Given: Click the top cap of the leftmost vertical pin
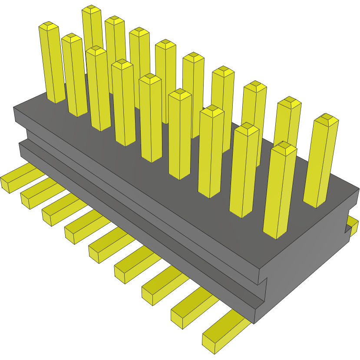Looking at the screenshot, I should [49, 26].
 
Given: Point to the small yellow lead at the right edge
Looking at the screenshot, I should [353, 225].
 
